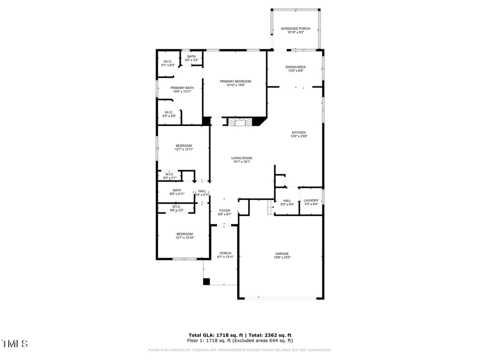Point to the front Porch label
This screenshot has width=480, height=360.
click(x=225, y=255)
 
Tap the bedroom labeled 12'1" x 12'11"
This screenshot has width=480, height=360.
click(x=183, y=148)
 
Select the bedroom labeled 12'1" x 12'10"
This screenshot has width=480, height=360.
click(x=185, y=236)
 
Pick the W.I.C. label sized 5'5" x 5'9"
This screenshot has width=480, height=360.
click(x=169, y=114)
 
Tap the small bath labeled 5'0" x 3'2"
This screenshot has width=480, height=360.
click(x=191, y=58)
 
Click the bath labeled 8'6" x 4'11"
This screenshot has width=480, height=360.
click(x=177, y=192)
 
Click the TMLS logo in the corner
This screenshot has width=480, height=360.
click(x=15, y=343)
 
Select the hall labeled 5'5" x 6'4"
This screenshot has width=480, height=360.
click(x=287, y=202)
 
